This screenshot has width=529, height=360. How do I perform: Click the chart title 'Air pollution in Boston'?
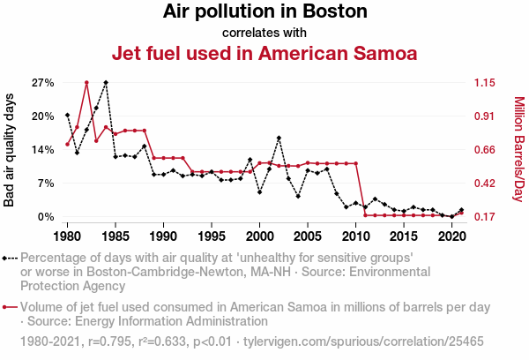click(x=264, y=12)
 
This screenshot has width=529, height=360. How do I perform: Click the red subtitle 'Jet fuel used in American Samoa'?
click(x=264, y=53)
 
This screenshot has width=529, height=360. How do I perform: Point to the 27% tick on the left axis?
click(x=43, y=83)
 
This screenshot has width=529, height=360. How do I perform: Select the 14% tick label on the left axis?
click(x=43, y=150)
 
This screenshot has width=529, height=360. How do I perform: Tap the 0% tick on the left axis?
click(x=46, y=216)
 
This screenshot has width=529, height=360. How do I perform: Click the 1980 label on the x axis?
click(x=68, y=237)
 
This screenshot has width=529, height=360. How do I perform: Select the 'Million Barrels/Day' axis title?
click(x=518, y=149)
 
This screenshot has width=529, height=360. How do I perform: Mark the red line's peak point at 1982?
click(x=86, y=83)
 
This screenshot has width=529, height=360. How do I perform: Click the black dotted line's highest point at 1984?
click(x=106, y=83)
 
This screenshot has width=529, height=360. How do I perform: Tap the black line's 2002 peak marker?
click(x=279, y=138)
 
